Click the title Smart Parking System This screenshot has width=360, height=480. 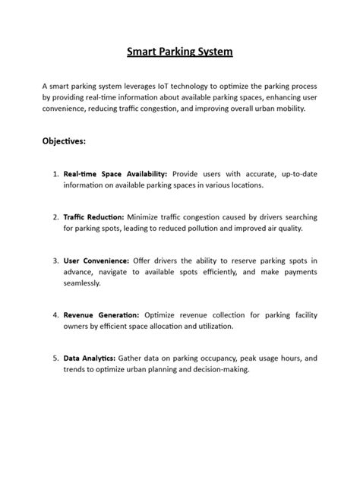point(179,52)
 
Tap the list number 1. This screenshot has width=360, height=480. point(55,174)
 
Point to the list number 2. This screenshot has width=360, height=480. point(55,217)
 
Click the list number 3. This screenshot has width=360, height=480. point(55,261)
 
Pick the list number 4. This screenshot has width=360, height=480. point(55,314)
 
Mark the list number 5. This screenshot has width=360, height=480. point(55,358)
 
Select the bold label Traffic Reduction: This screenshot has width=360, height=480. point(94,217)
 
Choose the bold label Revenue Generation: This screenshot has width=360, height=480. point(101,314)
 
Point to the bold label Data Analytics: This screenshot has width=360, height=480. point(90,358)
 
